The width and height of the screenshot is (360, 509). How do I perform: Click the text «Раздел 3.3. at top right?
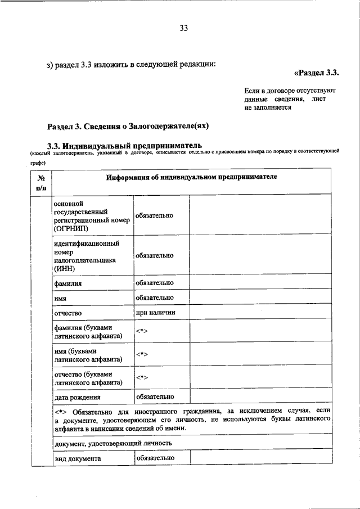click(x=317, y=73)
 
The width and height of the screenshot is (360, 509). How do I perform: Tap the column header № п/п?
click(x=40, y=183)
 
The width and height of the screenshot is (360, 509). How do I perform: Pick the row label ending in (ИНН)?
click(x=86, y=256)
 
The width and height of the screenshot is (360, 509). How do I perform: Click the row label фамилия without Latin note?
click(x=67, y=283)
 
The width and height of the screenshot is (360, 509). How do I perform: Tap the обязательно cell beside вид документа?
click(x=154, y=458)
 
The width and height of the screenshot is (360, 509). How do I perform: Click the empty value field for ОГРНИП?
click(x=260, y=216)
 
